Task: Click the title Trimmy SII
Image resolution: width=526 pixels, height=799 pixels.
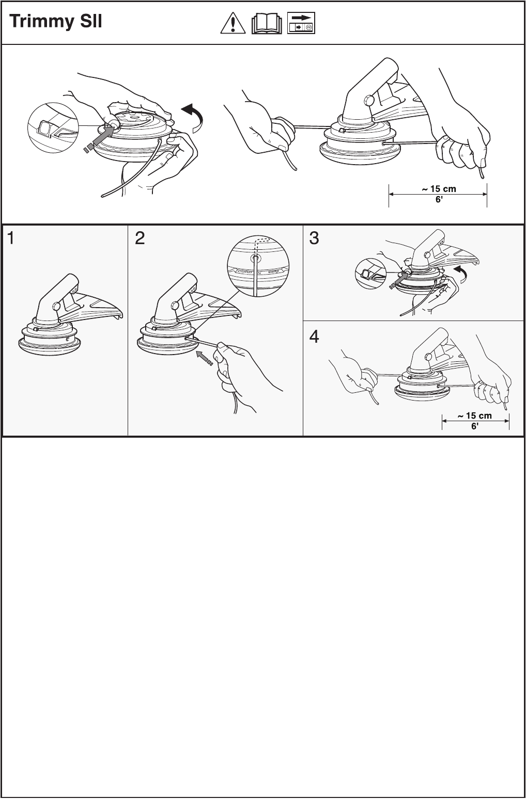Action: pyautogui.click(x=56, y=23)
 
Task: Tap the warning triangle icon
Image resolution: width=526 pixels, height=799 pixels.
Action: pyautogui.click(x=233, y=24)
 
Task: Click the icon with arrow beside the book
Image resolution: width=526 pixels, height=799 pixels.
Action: pyautogui.click(x=301, y=24)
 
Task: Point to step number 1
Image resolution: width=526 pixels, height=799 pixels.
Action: pyautogui.click(x=11, y=238)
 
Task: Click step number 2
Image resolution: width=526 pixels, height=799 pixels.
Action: pyautogui.click(x=140, y=238)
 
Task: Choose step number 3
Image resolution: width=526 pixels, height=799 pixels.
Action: pyautogui.click(x=314, y=238)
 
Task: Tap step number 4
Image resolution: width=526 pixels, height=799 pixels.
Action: pyautogui.click(x=314, y=337)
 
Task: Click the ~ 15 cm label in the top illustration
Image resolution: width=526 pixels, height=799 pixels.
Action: pyautogui.click(x=439, y=189)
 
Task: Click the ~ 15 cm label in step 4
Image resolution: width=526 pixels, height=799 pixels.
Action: pyautogui.click(x=475, y=416)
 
